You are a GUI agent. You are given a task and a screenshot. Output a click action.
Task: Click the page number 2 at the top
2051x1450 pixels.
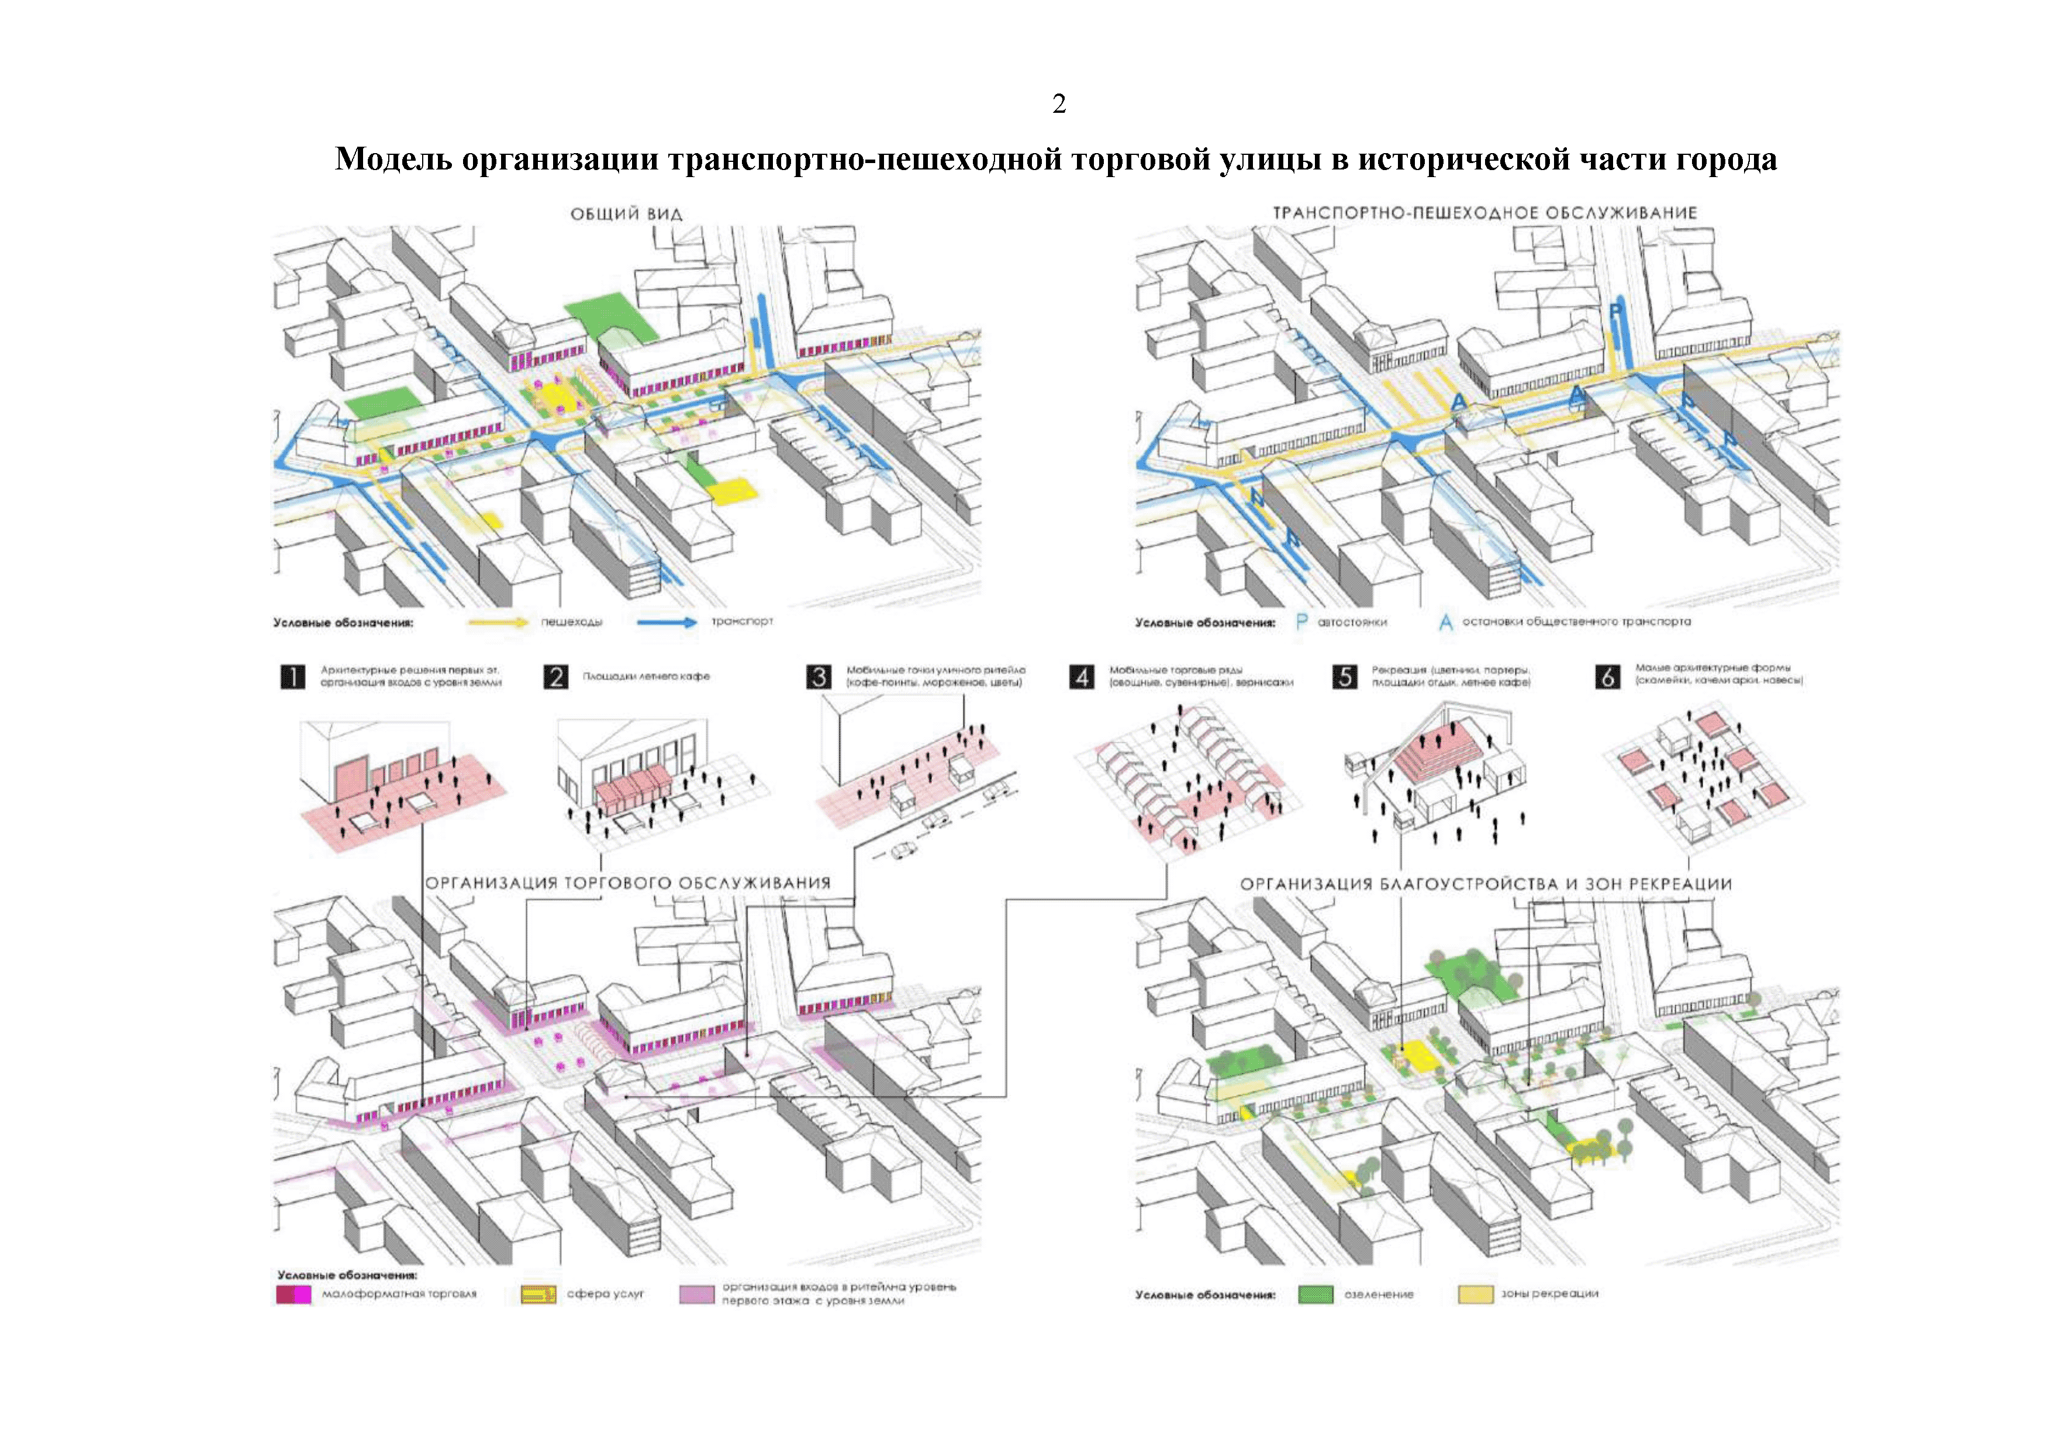[1059, 105]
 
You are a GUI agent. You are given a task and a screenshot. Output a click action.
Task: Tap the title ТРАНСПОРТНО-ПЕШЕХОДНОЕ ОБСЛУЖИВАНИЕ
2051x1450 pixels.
[1484, 213]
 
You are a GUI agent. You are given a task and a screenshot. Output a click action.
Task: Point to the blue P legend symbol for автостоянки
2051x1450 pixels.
[1301, 622]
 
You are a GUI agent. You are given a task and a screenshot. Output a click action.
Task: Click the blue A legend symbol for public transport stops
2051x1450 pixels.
[1445, 622]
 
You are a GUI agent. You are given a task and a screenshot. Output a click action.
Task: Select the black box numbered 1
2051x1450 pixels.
[293, 677]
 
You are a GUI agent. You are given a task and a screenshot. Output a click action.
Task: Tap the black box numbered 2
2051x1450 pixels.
[555, 677]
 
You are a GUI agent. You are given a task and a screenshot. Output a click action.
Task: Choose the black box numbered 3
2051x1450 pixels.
[819, 677]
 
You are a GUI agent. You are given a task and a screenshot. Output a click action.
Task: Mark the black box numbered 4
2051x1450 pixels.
[1082, 677]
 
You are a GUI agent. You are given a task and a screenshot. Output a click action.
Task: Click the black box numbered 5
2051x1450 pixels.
[1344, 677]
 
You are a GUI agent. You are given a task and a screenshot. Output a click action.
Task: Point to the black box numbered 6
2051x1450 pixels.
[1608, 677]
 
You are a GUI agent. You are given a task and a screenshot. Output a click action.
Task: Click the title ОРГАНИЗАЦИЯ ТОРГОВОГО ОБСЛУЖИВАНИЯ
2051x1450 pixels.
[628, 883]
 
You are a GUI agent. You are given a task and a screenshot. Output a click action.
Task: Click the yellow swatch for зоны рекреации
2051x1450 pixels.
[1475, 1295]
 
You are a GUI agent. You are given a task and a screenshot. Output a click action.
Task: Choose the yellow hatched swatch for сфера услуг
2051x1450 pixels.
[538, 1295]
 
